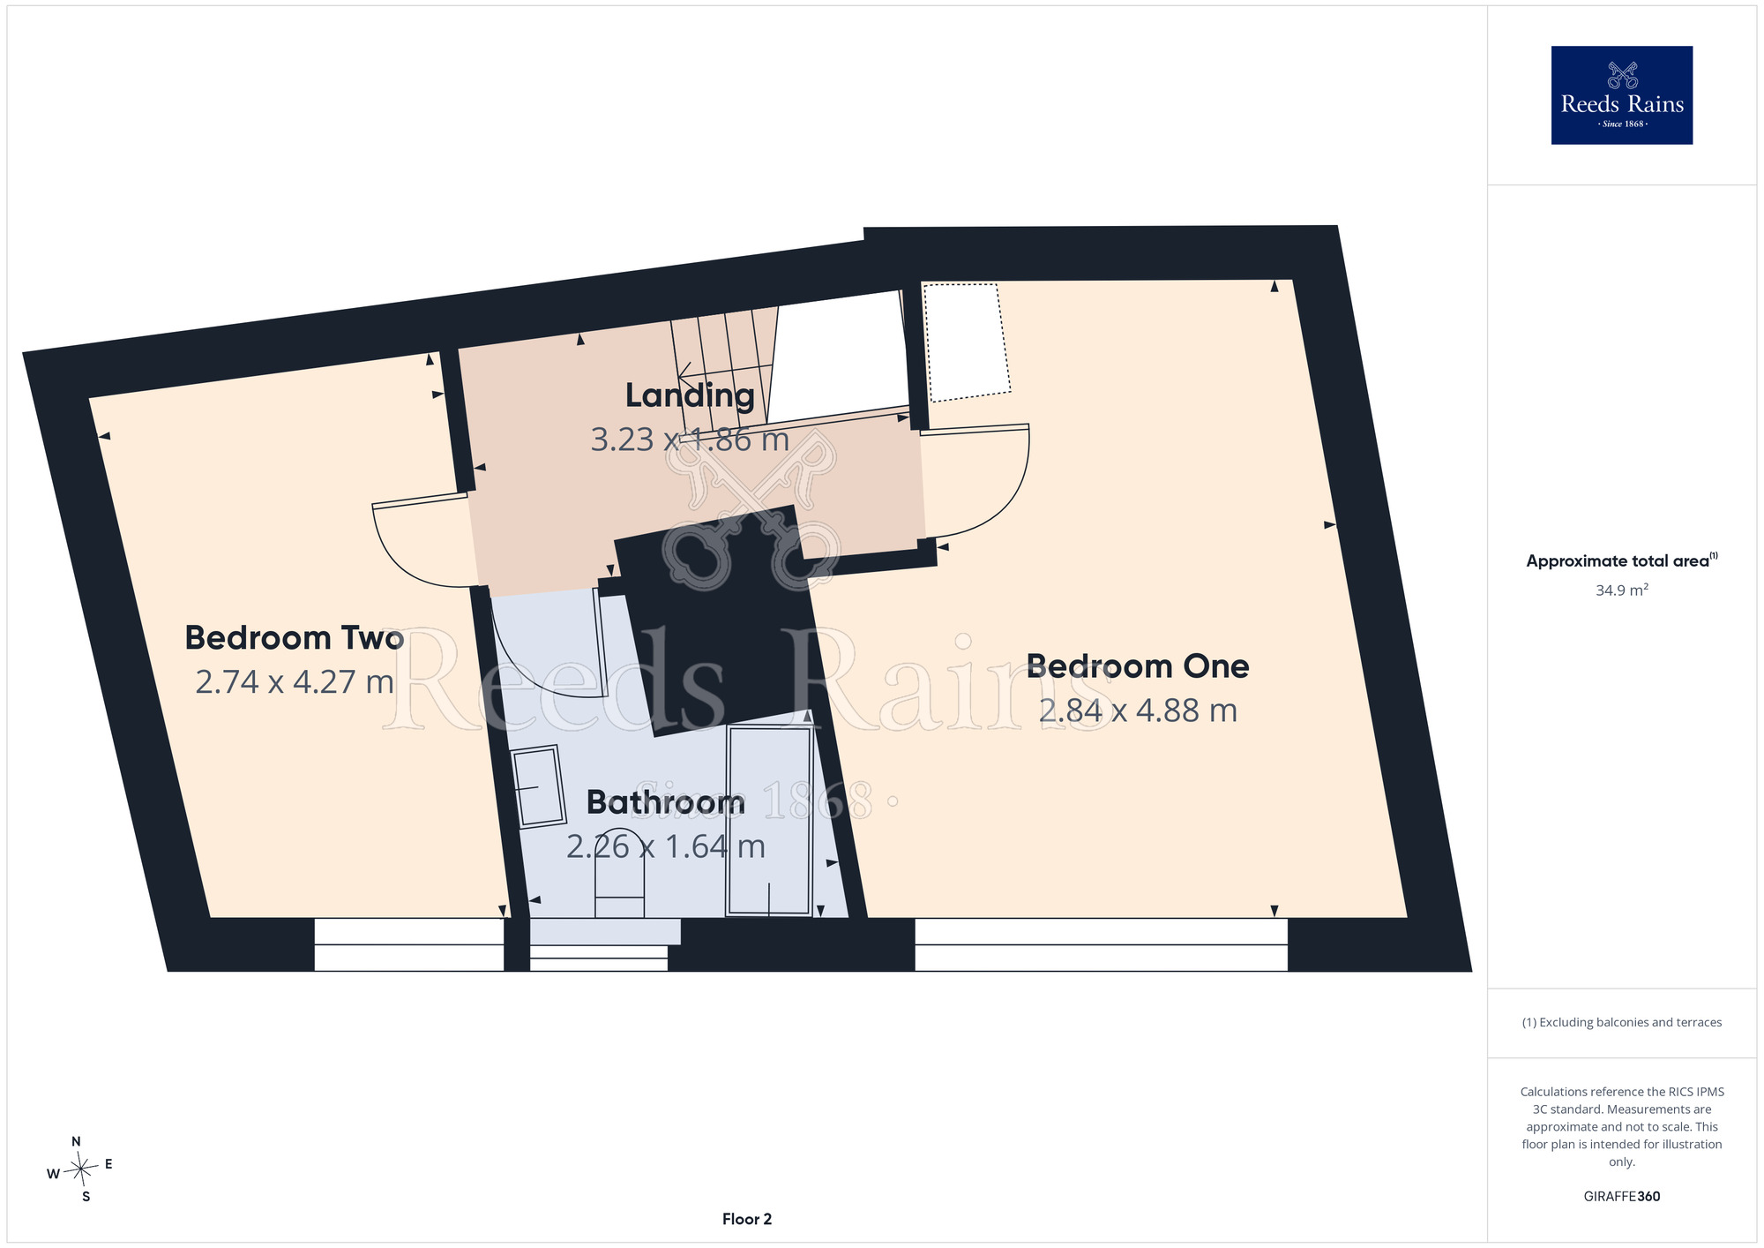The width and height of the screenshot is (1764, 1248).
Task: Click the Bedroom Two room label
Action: click(295, 637)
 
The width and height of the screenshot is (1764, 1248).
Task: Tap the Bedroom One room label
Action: click(1138, 666)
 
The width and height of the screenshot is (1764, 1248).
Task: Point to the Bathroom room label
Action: click(666, 802)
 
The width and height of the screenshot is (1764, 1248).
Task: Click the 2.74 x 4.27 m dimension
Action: click(295, 681)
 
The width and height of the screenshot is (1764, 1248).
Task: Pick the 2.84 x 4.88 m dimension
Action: click(1138, 710)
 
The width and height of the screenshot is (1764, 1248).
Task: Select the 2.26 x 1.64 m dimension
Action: click(666, 846)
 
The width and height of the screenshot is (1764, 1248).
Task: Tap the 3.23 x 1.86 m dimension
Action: click(690, 440)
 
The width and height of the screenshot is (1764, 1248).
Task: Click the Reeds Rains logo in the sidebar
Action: click(1622, 95)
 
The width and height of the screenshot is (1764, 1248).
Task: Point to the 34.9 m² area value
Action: click(1622, 590)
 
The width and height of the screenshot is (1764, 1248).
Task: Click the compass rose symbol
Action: click(80, 1169)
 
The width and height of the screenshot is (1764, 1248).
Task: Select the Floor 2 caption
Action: click(747, 1219)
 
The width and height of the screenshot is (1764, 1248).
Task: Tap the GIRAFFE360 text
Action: click(1622, 1197)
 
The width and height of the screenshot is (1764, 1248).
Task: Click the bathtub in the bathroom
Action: click(768, 821)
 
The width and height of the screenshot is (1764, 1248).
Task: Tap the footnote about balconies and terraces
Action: click(1622, 1022)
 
